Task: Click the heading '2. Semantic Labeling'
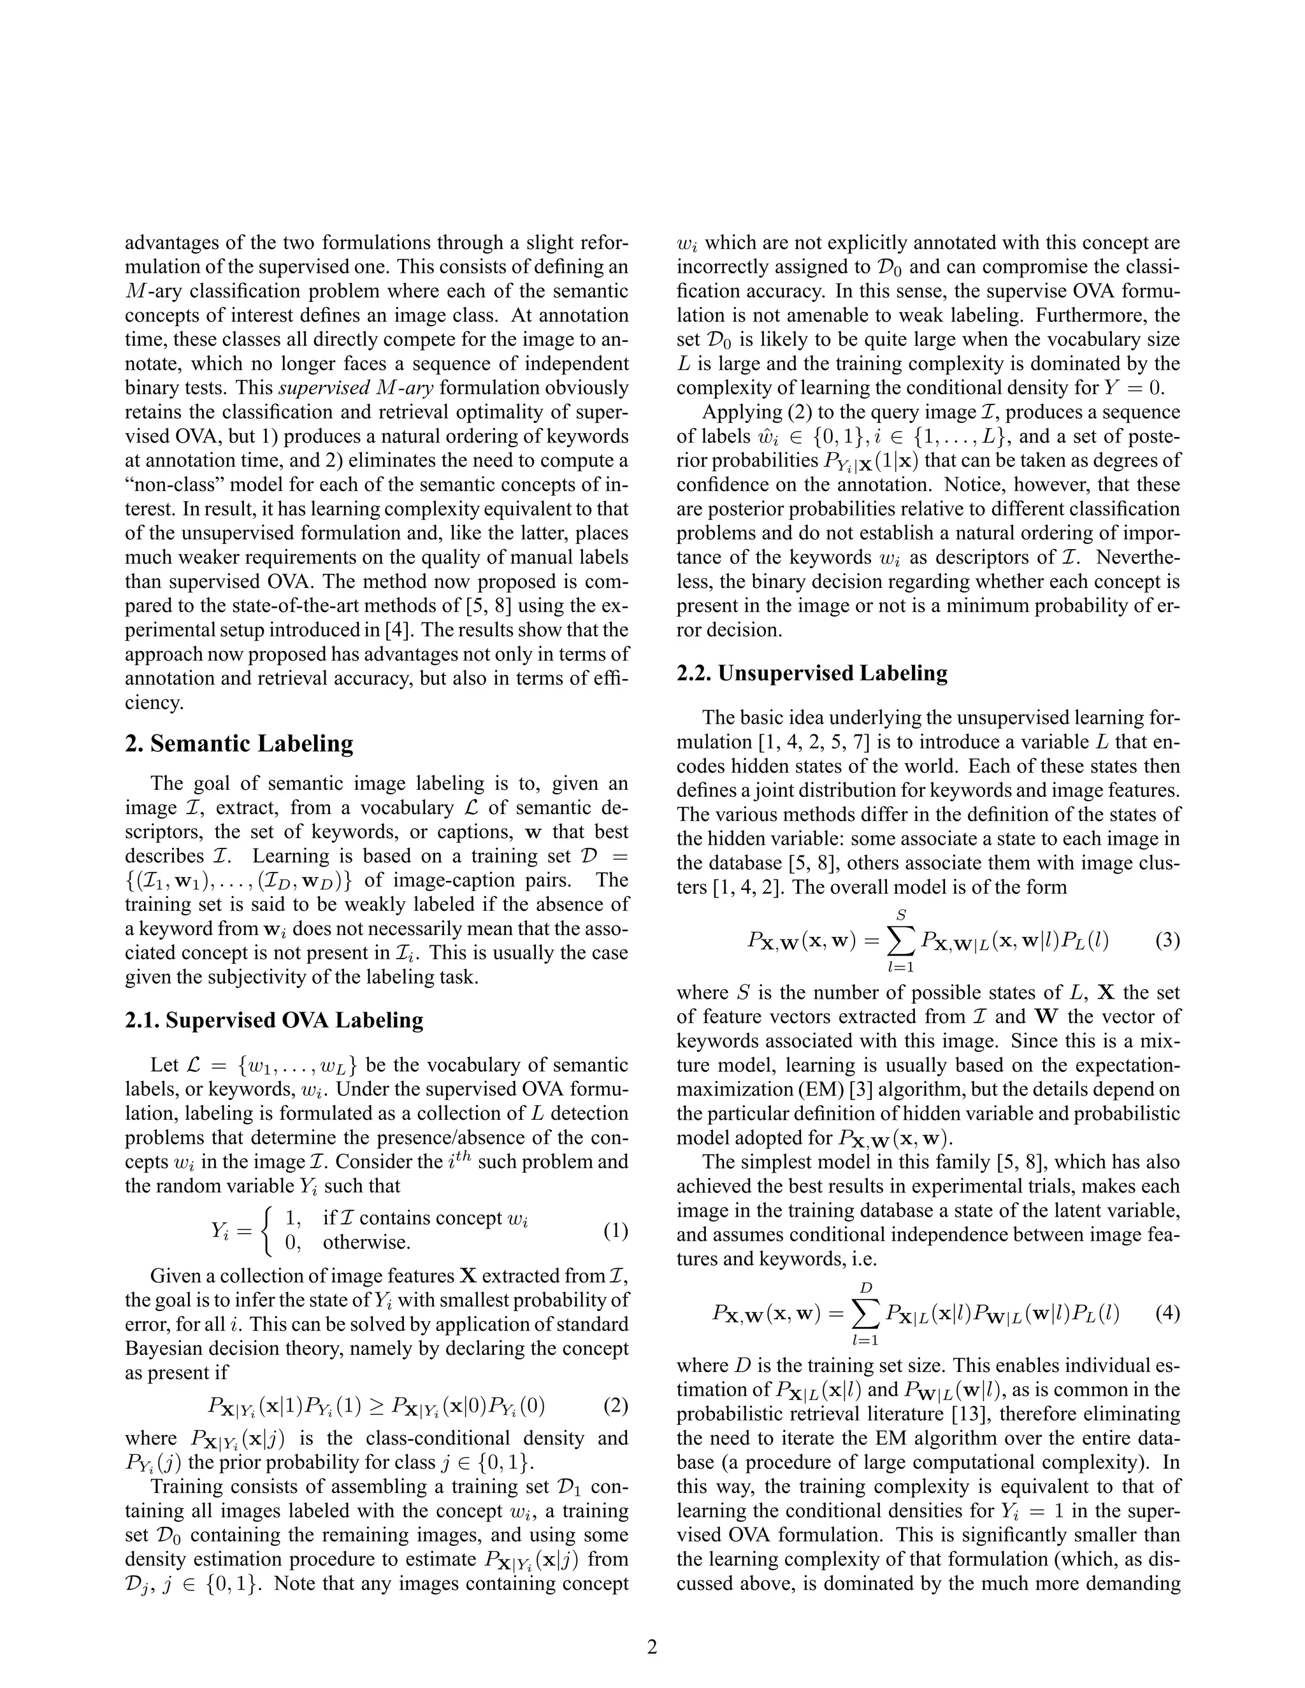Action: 239,743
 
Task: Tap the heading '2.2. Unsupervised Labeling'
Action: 812,673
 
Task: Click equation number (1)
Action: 616,1231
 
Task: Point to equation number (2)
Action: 616,1405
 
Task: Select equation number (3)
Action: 1167,941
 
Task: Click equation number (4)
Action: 1167,1313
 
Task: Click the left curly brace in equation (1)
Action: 268,1231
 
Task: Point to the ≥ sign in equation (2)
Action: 377,1406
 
